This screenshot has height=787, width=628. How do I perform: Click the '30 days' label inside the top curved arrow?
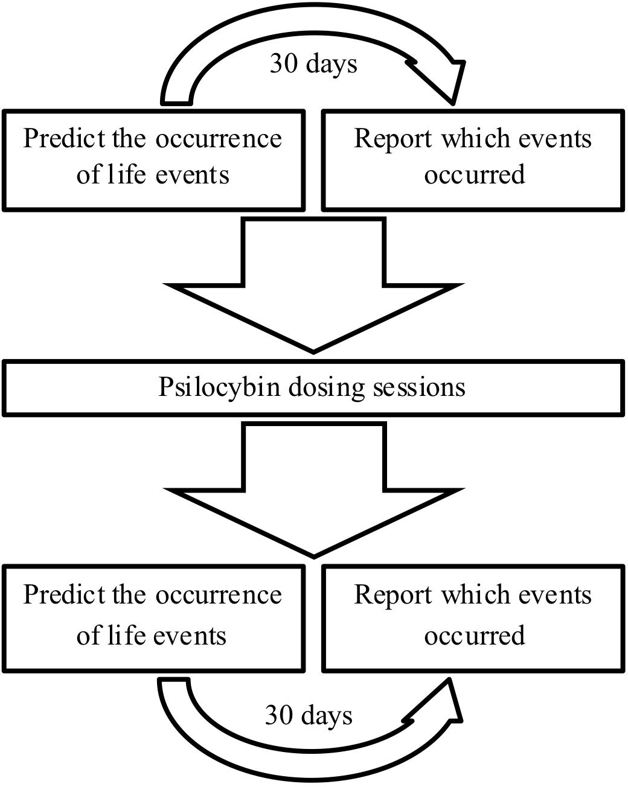pyautogui.click(x=313, y=63)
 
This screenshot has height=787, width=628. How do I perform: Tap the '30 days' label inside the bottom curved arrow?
pyautogui.click(x=309, y=715)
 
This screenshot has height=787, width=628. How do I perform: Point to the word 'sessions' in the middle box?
pyautogui.click(x=418, y=387)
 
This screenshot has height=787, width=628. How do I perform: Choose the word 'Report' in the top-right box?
pyautogui.click(x=393, y=139)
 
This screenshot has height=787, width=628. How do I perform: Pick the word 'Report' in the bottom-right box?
pyautogui.click(x=393, y=595)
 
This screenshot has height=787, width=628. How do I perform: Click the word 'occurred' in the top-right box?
pyautogui.click(x=475, y=175)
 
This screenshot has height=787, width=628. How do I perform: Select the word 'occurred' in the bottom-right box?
pyautogui.click(x=475, y=636)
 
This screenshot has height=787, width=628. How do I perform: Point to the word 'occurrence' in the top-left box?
pyautogui.click(x=219, y=139)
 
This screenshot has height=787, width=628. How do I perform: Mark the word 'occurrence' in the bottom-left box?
pyautogui.click(x=219, y=595)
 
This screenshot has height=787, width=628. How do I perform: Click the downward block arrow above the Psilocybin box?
pyautogui.click(x=313, y=290)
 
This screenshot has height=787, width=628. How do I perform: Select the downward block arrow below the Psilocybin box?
pyautogui.click(x=313, y=492)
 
